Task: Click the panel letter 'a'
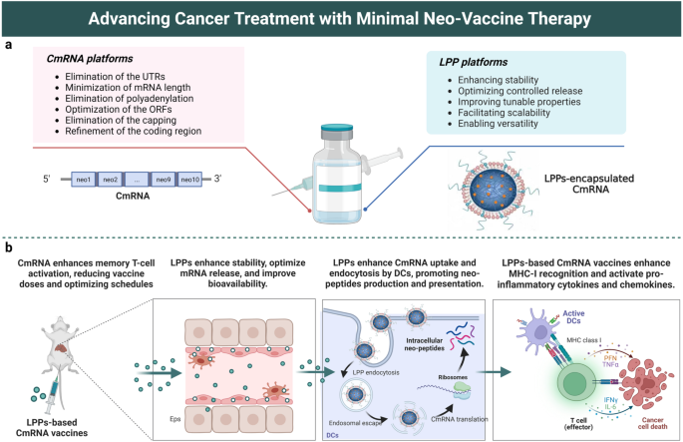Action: pos(8,45)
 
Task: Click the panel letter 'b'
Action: pos(8,245)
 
